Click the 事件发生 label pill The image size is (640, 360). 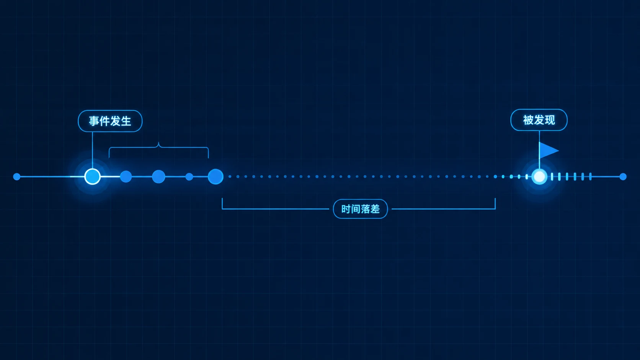[110, 121]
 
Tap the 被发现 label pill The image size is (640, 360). [539, 120]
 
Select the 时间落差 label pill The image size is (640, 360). [360, 209]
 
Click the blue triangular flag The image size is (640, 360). [548, 150]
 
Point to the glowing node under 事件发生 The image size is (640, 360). [92, 176]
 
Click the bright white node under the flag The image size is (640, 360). [539, 177]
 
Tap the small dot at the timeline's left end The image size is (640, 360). [17, 177]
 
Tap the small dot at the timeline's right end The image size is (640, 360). [623, 177]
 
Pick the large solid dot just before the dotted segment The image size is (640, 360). [216, 177]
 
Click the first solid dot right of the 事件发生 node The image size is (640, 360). [126, 177]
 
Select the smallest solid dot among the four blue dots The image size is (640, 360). [189, 177]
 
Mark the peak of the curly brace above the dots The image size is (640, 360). [159, 143]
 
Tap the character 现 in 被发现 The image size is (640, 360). [549, 120]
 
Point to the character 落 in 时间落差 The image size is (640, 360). [365, 209]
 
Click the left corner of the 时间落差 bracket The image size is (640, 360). [222, 209]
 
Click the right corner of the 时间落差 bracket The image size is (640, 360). [495, 209]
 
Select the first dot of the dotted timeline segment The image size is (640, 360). [230, 177]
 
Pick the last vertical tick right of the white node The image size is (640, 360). [590, 177]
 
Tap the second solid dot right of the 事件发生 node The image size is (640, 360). [158, 177]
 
